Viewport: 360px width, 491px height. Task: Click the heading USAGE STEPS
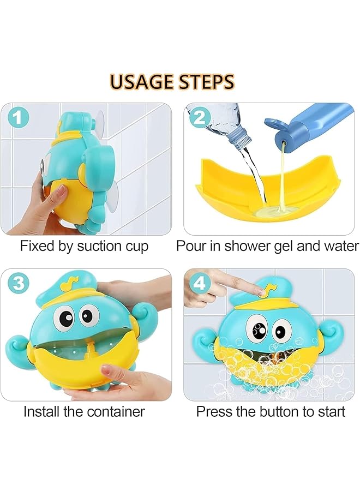pyautogui.click(x=172, y=81)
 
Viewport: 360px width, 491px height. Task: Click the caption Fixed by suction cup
pyautogui.click(x=84, y=246)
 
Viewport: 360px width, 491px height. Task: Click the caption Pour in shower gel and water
pyautogui.click(x=267, y=246)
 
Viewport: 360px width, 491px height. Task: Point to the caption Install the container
pyautogui.click(x=84, y=411)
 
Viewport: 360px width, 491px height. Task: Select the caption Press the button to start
pyautogui.click(x=271, y=411)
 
